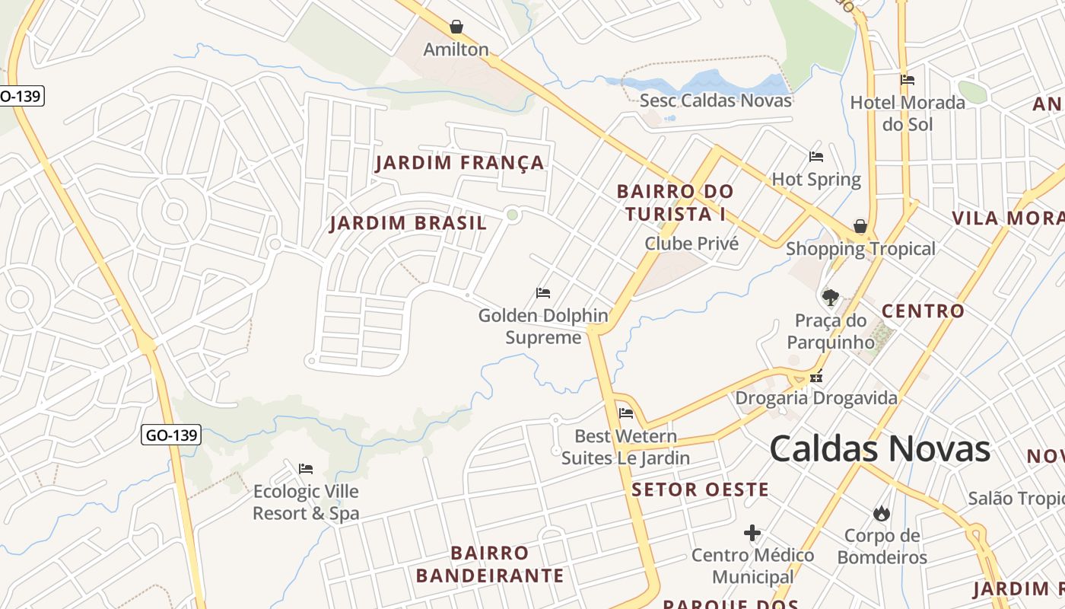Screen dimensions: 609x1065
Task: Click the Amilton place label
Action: (x=456, y=49)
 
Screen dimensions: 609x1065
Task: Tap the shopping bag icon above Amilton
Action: (x=456, y=27)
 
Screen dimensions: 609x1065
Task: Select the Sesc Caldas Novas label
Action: (x=715, y=100)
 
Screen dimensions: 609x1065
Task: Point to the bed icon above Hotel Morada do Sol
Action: (x=907, y=80)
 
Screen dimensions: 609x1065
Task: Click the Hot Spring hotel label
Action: (x=816, y=180)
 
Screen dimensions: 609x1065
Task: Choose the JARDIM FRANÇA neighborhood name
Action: (x=460, y=163)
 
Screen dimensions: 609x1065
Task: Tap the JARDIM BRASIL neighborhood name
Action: (x=408, y=224)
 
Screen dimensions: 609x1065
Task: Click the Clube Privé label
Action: (x=691, y=244)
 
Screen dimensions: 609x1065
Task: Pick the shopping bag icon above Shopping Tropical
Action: (x=860, y=226)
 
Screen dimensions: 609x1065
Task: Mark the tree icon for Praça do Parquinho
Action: (x=830, y=297)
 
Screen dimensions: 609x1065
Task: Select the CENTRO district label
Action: (x=923, y=311)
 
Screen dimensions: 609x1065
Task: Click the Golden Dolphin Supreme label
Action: (x=543, y=326)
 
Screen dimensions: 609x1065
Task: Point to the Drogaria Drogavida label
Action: (x=815, y=398)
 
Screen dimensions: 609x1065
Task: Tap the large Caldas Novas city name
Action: (x=880, y=448)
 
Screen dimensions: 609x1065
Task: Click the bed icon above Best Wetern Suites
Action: (x=626, y=413)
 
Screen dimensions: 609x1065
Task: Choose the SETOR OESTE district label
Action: (x=701, y=489)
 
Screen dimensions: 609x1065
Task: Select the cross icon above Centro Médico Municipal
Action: (x=752, y=533)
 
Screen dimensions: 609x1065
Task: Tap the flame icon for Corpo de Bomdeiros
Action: (x=882, y=514)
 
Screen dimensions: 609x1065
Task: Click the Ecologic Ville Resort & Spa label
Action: (x=306, y=502)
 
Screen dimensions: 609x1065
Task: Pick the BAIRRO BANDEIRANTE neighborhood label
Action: (x=490, y=564)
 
